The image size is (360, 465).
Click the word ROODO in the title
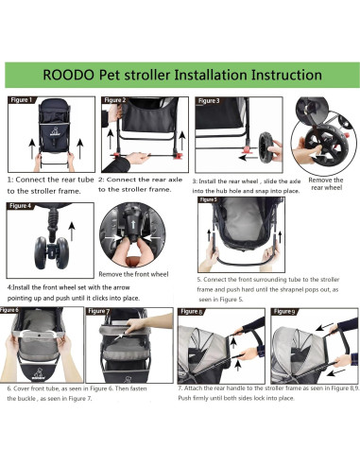click(72, 74)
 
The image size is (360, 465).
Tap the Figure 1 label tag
click(22, 99)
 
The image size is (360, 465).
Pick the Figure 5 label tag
click(210, 200)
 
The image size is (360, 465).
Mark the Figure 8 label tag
click(192, 310)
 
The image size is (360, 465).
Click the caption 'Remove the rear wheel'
click(325, 182)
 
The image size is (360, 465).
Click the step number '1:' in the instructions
click(10, 178)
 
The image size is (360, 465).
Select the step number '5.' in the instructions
click(200, 280)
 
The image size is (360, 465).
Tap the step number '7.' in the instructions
click(180, 413)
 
